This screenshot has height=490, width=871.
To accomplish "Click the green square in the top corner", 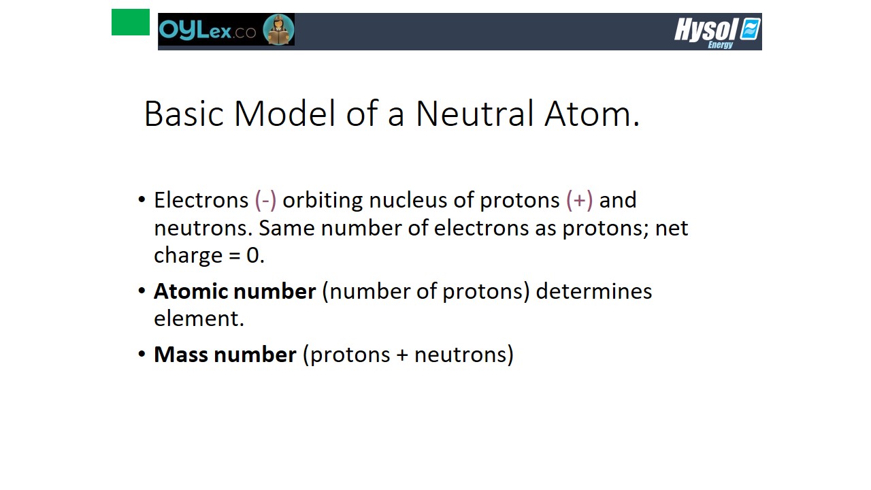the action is point(130,22).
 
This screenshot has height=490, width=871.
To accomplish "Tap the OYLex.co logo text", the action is point(208,30).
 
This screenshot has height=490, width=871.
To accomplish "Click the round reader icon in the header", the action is point(278,29).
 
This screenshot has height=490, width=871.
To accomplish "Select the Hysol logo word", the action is point(706,29).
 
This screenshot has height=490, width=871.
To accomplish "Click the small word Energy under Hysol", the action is point(720,45).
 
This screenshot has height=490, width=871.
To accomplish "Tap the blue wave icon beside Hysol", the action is point(750,29).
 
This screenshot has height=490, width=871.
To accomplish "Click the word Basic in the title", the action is point(184,114).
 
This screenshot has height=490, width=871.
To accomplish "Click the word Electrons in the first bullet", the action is point(201,200).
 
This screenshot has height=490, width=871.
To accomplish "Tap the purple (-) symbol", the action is point(265,201).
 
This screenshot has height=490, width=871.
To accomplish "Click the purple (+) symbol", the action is point(579,201).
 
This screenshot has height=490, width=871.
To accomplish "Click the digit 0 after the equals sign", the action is point(252,255).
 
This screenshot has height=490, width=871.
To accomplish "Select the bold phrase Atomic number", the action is point(235,291).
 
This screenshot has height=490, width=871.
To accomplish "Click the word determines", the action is point(594,291).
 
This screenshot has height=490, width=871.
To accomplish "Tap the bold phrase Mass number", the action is point(225,355).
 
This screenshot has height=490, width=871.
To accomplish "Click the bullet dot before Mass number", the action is point(142,354).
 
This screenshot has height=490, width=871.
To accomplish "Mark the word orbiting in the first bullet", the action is point(323,201).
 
